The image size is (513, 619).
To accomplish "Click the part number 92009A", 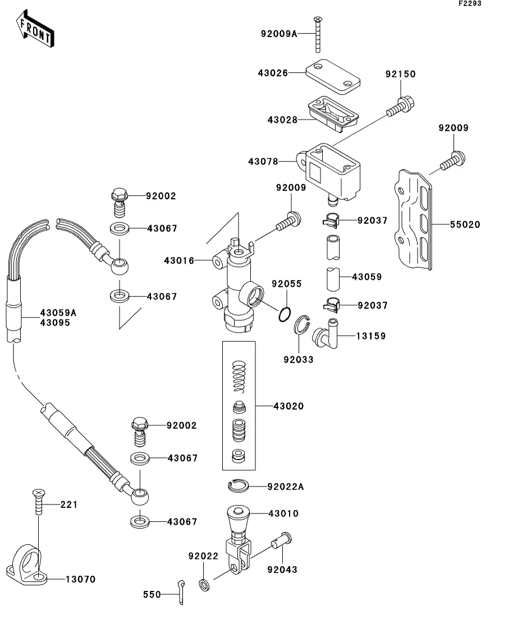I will [278, 34].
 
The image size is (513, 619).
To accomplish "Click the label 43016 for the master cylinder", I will [179, 260].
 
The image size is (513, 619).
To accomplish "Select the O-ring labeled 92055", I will [285, 315].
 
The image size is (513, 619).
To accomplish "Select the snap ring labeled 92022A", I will [239, 485].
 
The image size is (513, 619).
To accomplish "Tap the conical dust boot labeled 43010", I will [238, 520].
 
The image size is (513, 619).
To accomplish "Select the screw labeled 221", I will [37, 502].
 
